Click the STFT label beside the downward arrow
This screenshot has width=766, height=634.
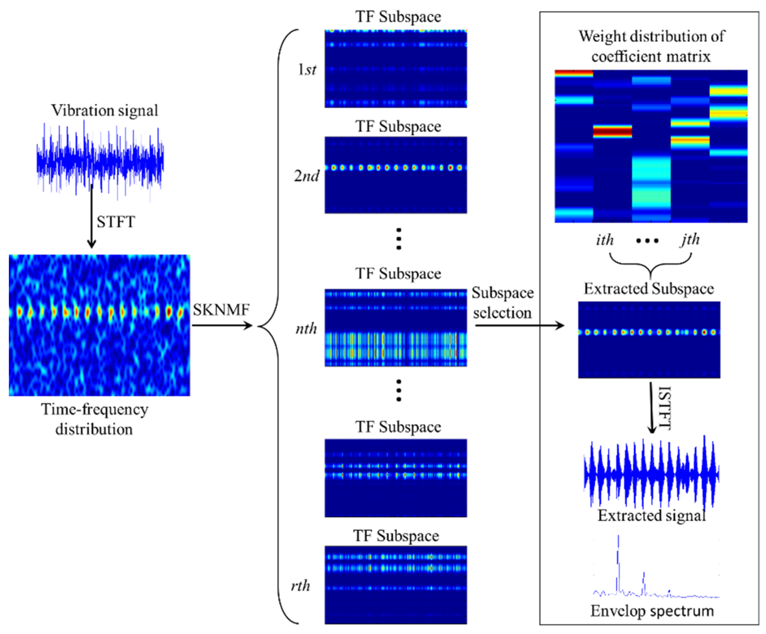[x=116, y=222]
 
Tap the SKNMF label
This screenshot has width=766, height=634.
[x=221, y=310]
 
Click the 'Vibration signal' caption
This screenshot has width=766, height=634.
[x=105, y=110]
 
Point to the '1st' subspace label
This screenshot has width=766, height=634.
[x=307, y=69]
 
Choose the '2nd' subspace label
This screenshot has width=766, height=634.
[x=306, y=176]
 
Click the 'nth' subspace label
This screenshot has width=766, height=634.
[x=306, y=329]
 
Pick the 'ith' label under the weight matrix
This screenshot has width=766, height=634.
[x=605, y=240]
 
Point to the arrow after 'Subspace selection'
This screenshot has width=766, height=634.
[x=520, y=325]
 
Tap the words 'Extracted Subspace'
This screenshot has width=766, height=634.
[x=649, y=289]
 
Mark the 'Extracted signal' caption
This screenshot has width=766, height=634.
[x=651, y=516]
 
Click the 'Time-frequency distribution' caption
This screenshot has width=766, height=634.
[x=94, y=419]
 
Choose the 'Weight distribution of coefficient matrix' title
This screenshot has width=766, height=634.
[x=651, y=46]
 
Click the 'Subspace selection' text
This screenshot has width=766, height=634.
[x=503, y=302]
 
